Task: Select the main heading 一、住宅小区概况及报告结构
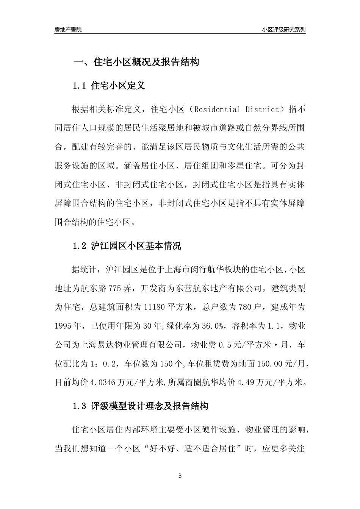136,62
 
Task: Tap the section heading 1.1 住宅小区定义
109,86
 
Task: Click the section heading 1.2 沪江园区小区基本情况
127,246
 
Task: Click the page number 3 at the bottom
180,476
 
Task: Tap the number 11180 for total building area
155,307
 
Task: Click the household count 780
246,307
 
